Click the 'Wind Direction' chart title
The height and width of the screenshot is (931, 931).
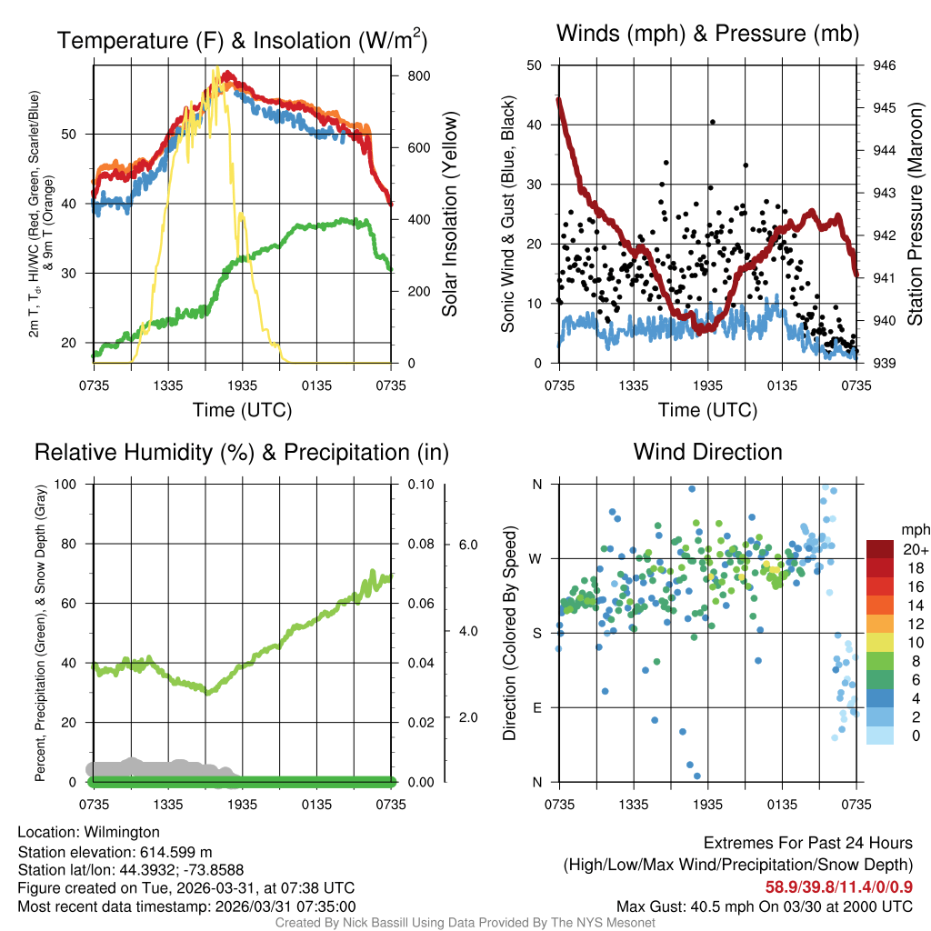point(707,452)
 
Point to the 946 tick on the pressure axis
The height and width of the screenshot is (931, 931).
point(885,65)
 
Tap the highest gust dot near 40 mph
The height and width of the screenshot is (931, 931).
point(713,122)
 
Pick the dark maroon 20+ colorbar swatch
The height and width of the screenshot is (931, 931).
point(882,549)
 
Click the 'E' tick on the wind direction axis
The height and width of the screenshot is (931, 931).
point(536,707)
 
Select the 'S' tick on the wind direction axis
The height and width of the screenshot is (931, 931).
point(536,633)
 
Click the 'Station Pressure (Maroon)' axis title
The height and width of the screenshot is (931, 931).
point(915,214)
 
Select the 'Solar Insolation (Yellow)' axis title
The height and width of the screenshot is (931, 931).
point(450,214)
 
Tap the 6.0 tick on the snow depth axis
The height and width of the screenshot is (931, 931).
point(467,545)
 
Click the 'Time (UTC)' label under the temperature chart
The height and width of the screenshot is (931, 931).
point(242,410)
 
